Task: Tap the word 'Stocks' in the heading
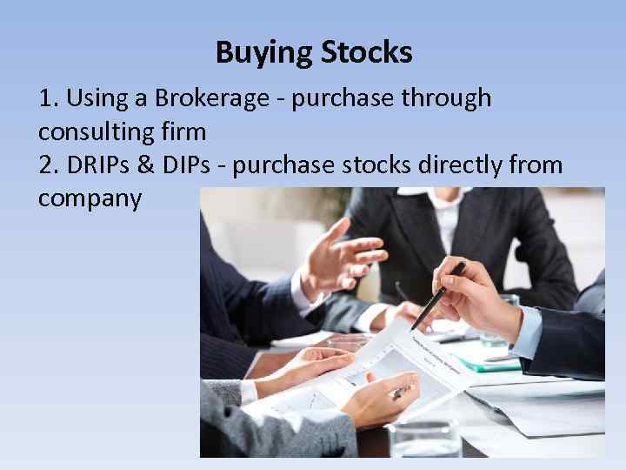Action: (x=366, y=54)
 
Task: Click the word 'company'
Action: (x=90, y=198)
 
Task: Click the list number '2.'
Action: (x=49, y=164)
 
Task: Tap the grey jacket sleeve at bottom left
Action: (x=252, y=426)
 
